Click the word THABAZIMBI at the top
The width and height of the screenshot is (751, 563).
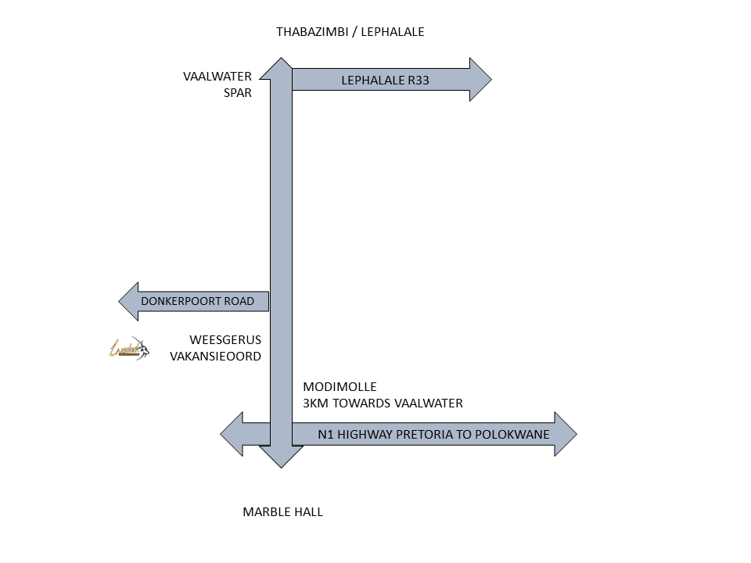(311, 32)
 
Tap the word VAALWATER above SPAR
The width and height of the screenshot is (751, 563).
(217, 77)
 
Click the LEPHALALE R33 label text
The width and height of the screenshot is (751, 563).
(385, 80)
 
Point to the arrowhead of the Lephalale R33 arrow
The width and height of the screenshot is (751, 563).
(480, 79)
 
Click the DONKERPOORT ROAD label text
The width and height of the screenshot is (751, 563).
(197, 301)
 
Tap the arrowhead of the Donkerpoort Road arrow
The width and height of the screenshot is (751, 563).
(129, 301)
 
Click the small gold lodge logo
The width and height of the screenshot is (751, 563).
(128, 348)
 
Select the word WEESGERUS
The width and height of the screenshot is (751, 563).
(225, 340)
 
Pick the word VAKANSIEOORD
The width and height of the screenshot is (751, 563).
(215, 356)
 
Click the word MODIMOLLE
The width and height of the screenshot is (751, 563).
(340, 387)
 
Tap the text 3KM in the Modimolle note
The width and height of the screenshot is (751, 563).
(316, 403)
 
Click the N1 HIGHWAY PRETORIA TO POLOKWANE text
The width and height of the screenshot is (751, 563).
(433, 434)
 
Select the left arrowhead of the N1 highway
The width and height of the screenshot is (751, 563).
(232, 434)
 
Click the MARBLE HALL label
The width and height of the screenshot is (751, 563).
(282, 512)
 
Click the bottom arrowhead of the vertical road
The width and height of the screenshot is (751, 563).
(281, 457)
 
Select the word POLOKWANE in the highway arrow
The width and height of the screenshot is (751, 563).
(516, 434)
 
